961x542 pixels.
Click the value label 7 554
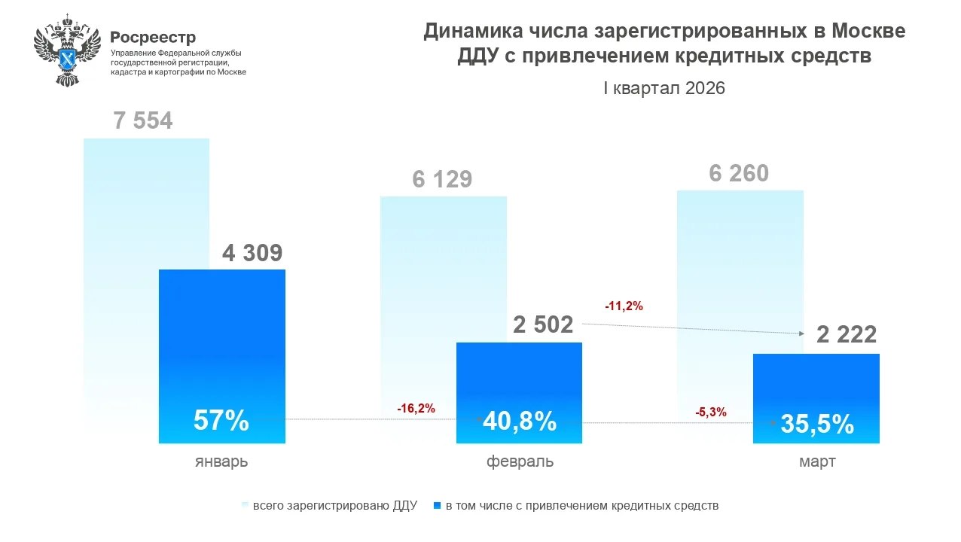[x=143, y=121]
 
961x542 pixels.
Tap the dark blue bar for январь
[x=221, y=339]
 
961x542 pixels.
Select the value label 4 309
[x=252, y=253]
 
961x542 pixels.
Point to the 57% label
[x=221, y=421]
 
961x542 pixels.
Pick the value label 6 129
[x=442, y=179]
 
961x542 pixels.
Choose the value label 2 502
[x=543, y=324]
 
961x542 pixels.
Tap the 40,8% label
[x=520, y=421]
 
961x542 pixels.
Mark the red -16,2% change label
[x=416, y=408]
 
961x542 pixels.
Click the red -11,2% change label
[x=624, y=306]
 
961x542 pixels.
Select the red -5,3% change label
[x=711, y=412]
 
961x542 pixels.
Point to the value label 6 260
[x=739, y=173]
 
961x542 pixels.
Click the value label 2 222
[x=847, y=335]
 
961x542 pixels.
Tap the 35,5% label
[x=817, y=424]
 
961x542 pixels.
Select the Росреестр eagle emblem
[x=67, y=48]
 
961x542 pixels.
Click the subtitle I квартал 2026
[x=664, y=88]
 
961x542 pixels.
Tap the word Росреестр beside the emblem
[x=153, y=37]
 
